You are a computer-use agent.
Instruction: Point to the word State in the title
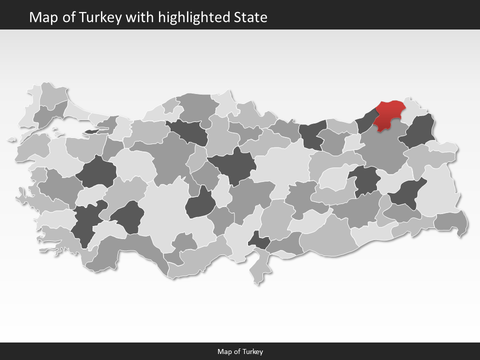tap(250, 17)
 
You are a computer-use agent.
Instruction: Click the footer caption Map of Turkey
tap(240, 351)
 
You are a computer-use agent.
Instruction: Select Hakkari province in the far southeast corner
tap(451, 221)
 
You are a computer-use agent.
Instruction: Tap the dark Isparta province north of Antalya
tap(126, 216)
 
